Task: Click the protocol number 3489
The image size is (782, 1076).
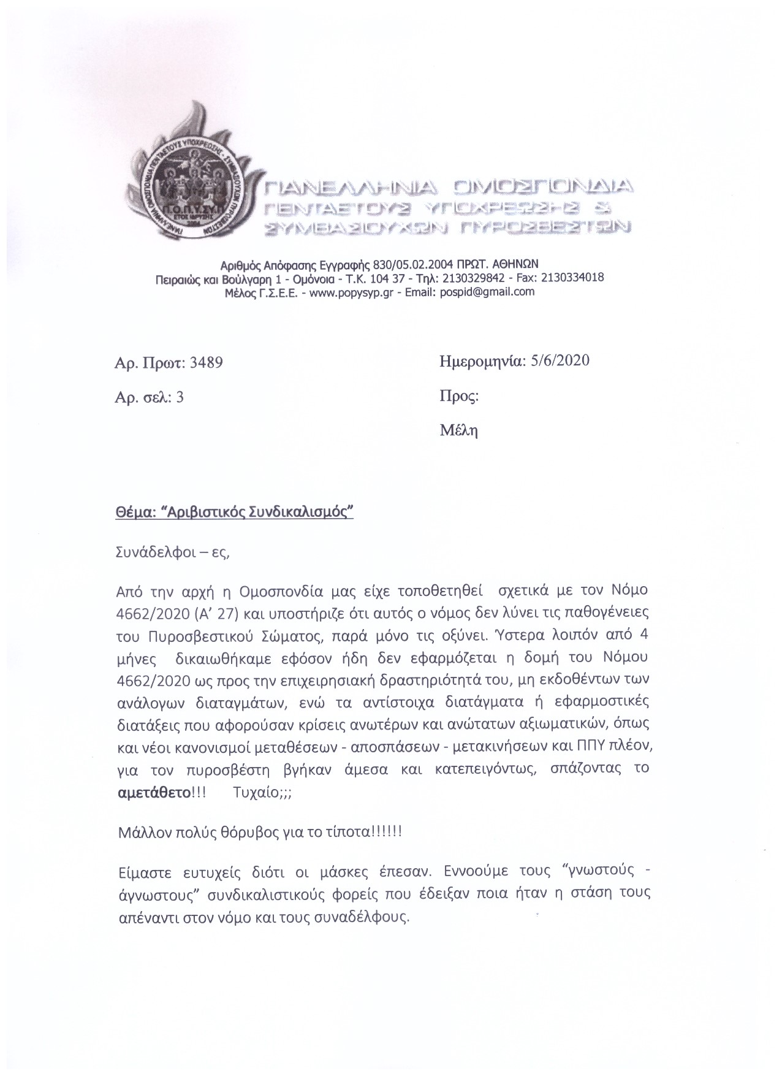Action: pos(207,362)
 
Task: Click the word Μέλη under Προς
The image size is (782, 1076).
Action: pos(458,430)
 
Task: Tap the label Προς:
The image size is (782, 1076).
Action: pos(458,396)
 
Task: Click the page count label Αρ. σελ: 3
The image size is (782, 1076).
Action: pos(149,397)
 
